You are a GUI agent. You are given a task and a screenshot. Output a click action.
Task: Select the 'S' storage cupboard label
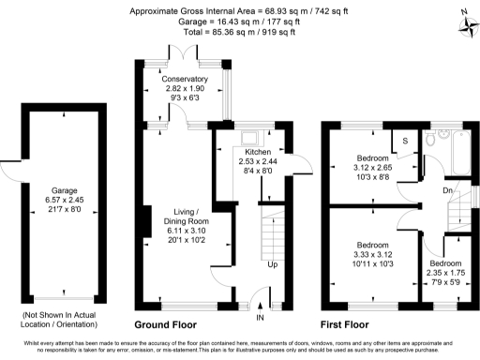tap(405, 141)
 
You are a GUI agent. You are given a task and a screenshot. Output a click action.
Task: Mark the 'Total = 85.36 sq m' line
tap(239, 32)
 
